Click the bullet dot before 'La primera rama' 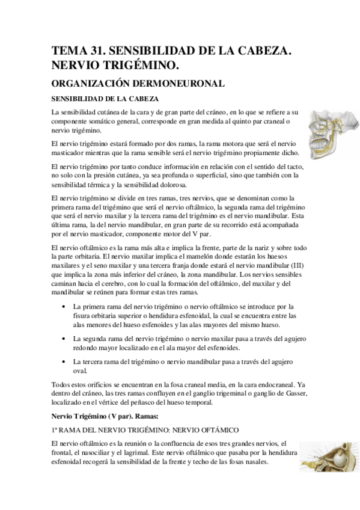pos(64,307)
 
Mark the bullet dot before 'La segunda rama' pos(64,339)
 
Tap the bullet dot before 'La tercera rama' pos(64,362)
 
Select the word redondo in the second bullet pos(87,348)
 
